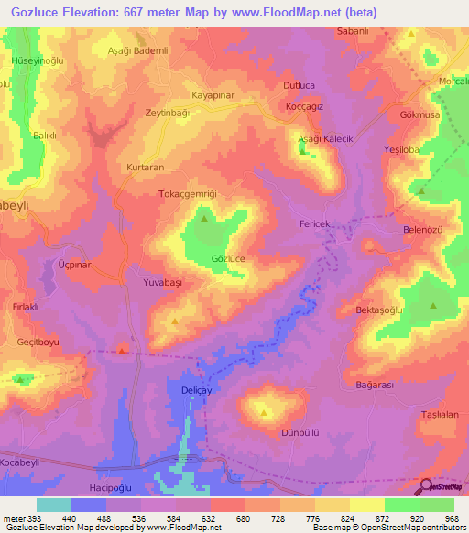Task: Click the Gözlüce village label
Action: [x=228, y=259]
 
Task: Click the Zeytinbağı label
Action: [x=167, y=111]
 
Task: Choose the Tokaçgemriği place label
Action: [x=187, y=194]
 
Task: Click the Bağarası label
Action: [x=374, y=386]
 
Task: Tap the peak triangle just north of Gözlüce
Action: [x=203, y=218]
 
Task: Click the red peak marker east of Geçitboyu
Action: [x=122, y=350]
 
